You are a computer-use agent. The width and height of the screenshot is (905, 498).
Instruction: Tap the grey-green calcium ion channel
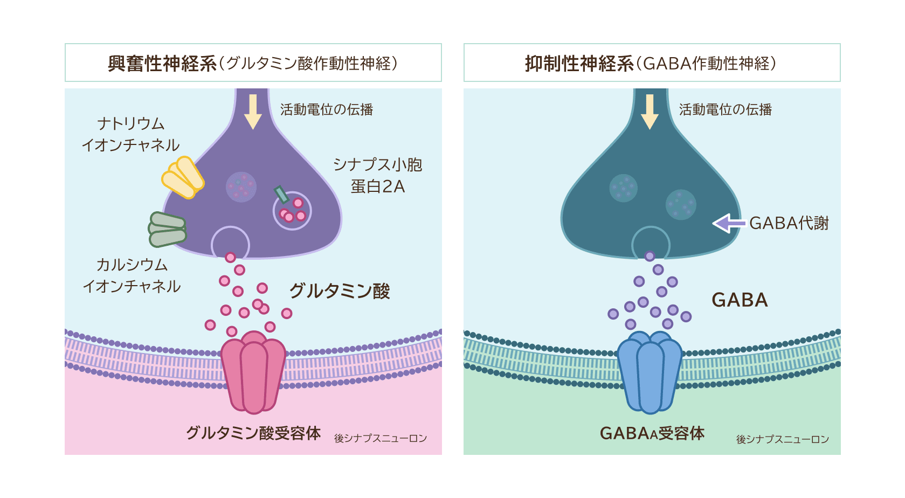(x=168, y=229)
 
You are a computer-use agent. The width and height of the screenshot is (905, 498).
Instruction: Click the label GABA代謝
(x=789, y=223)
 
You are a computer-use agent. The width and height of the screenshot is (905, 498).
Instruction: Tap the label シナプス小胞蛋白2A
(x=377, y=176)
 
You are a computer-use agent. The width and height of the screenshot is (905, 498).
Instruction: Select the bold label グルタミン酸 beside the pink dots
(x=340, y=291)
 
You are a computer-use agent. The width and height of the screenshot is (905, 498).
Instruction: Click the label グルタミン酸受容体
(x=253, y=433)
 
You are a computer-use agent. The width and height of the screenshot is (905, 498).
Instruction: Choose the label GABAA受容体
(x=652, y=433)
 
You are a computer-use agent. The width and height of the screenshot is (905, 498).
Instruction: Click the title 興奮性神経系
(x=162, y=64)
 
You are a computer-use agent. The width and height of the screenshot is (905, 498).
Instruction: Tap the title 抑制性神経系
(x=579, y=64)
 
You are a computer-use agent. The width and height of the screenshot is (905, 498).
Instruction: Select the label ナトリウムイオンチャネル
(x=130, y=134)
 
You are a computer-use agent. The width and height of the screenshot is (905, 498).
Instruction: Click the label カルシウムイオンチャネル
(x=132, y=275)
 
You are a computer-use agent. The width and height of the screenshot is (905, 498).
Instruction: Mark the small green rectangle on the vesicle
(x=281, y=195)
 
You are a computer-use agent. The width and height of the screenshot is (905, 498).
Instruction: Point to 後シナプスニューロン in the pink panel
(x=381, y=438)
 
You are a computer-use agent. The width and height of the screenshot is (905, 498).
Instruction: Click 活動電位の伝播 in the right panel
(x=725, y=110)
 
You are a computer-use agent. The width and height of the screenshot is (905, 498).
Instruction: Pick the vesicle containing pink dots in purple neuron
(x=293, y=211)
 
